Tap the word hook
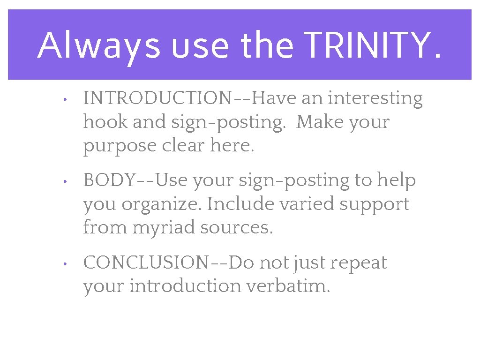[x=105, y=122]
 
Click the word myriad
[x=164, y=228]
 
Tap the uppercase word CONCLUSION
[x=145, y=262]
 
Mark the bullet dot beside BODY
[x=67, y=181]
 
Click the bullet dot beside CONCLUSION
[x=67, y=264]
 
